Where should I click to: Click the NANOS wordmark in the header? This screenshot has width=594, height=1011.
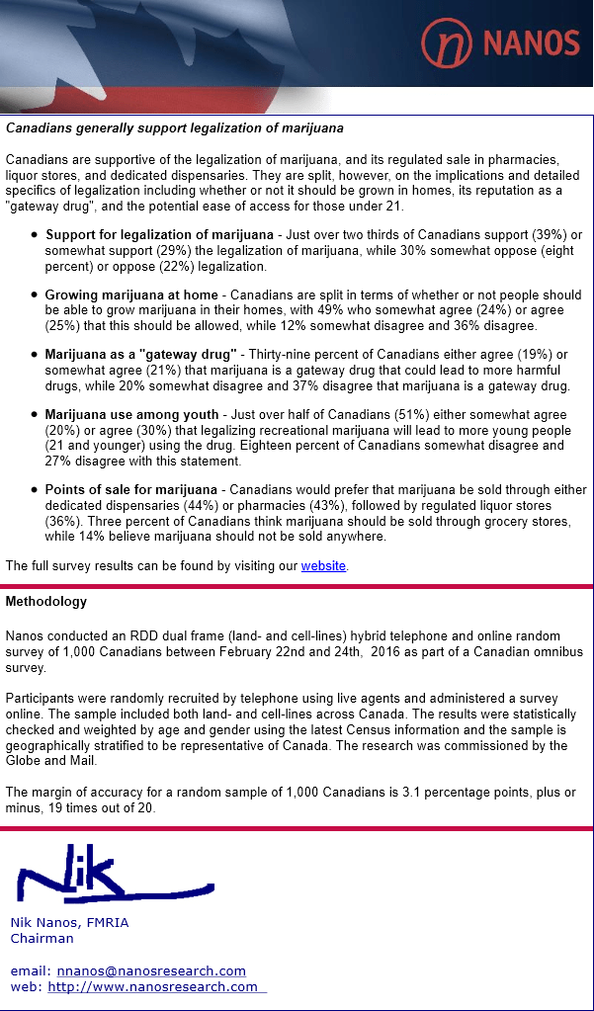pyautogui.click(x=531, y=42)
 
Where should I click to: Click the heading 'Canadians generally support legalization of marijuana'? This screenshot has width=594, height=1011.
pyautogui.click(x=175, y=128)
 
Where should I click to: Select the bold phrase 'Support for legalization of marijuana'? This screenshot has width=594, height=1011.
pyautogui.click(x=159, y=235)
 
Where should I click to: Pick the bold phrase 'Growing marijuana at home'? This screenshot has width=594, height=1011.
pyautogui.click(x=130, y=295)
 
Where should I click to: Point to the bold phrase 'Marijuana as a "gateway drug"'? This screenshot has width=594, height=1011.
pyautogui.click(x=140, y=355)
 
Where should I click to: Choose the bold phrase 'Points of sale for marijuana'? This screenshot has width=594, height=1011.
pyautogui.click(x=130, y=490)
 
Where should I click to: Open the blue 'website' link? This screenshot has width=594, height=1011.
pyautogui.click(x=323, y=566)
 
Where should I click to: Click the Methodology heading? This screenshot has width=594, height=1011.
pyautogui.click(x=46, y=601)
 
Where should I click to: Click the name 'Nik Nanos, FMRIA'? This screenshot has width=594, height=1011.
pyautogui.click(x=69, y=922)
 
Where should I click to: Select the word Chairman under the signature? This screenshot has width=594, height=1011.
pyautogui.click(x=42, y=938)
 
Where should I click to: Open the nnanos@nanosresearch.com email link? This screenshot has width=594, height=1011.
pyautogui.click(x=151, y=970)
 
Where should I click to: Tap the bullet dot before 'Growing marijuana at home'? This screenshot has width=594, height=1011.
pyautogui.click(x=36, y=295)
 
